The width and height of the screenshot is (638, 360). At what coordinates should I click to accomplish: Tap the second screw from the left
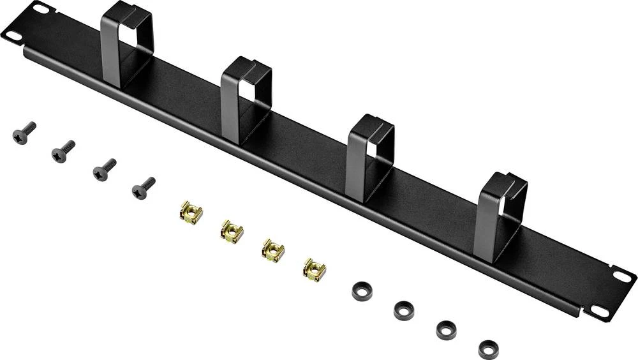(63, 152)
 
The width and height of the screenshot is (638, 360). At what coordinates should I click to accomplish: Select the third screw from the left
(103, 169)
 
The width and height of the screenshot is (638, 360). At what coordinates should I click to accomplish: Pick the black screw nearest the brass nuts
(142, 188)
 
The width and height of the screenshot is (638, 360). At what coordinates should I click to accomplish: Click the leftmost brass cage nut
(190, 213)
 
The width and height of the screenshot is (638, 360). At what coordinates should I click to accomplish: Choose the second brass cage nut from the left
(232, 231)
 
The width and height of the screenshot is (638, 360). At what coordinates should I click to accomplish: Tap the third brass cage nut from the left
(273, 250)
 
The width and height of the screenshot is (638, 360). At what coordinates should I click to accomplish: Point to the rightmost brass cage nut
(314, 269)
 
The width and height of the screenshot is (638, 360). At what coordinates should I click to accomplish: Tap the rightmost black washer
(488, 349)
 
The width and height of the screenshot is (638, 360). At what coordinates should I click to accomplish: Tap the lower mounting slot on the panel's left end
(13, 36)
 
